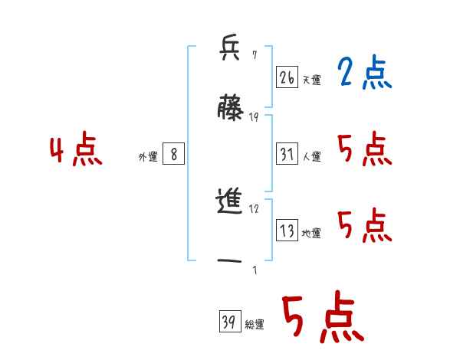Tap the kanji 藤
(x=230, y=107)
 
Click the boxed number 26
(x=287, y=77)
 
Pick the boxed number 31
(x=287, y=154)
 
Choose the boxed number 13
(x=287, y=231)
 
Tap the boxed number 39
(x=228, y=322)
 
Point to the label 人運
(x=311, y=156)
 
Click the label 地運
(x=311, y=233)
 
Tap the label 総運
(x=254, y=325)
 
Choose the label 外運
(x=148, y=156)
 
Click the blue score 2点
(x=364, y=74)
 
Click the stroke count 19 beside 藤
(x=254, y=116)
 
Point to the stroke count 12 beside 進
(x=254, y=208)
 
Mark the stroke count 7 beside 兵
(x=254, y=55)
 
